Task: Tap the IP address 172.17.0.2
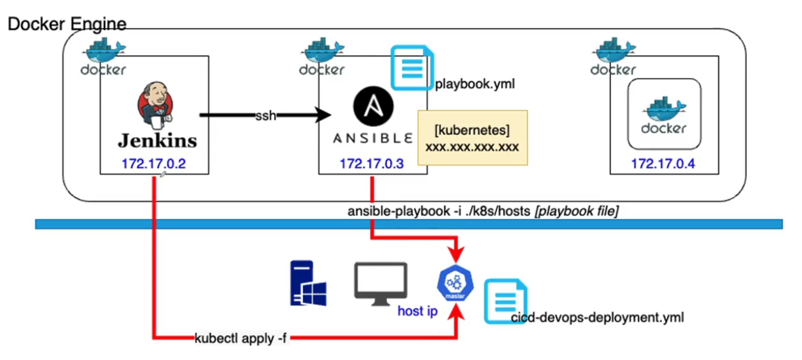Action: [x=153, y=164]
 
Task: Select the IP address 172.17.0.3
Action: [x=371, y=164]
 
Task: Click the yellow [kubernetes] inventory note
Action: [x=472, y=138]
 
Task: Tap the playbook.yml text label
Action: [x=475, y=84]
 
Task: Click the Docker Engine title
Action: [x=67, y=24]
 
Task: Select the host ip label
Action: [x=418, y=311]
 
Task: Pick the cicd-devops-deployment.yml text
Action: [x=597, y=317]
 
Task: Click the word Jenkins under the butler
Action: [x=157, y=140]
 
